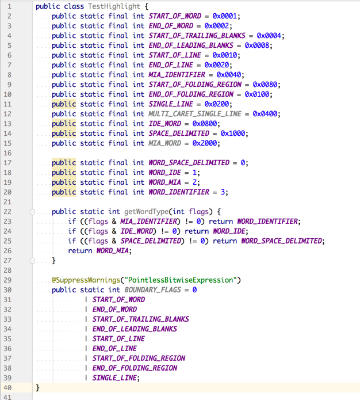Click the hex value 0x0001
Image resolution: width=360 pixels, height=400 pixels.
pos(225,16)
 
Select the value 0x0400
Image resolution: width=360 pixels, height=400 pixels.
pos(265,114)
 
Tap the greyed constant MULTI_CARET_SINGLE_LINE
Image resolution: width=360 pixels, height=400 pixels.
pos(195,114)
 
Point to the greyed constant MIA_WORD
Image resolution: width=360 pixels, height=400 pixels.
pos(164,143)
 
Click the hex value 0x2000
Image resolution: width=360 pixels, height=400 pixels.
pos(205,143)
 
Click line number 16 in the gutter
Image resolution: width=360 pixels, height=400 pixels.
pos(7,153)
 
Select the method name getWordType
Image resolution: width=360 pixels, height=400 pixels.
pos(146,212)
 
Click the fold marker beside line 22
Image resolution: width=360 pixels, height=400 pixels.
pos(32,212)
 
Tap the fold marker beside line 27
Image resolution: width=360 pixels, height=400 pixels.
pos(32,261)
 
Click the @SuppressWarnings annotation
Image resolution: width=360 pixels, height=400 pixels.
pos(86,280)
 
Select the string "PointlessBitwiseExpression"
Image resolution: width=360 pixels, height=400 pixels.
pos(181,280)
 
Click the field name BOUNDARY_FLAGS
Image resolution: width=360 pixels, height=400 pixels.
pos(152,290)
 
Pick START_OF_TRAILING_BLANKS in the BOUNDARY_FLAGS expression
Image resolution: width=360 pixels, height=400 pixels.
pos(140,319)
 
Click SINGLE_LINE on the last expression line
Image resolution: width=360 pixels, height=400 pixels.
pos(114,378)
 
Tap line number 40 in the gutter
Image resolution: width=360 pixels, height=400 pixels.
pos(7,388)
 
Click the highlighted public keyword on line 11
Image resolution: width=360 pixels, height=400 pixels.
pos(64,104)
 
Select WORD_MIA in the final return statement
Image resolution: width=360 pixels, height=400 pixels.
pos(113,251)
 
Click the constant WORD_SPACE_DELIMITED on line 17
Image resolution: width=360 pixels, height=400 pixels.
pos(189,163)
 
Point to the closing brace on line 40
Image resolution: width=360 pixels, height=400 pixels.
pos(37,388)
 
